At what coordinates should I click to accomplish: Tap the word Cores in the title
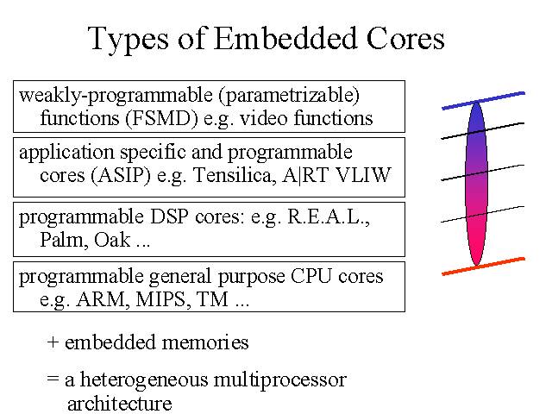(405, 38)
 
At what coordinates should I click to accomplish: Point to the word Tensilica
(232, 175)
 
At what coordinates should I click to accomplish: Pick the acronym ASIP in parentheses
(121, 175)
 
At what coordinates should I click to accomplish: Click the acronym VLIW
(363, 175)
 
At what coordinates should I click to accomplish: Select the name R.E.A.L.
(327, 216)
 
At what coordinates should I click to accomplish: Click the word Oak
(112, 240)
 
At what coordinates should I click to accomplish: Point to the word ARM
(100, 299)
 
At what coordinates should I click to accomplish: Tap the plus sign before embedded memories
(53, 342)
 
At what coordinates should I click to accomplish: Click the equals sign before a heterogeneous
(53, 379)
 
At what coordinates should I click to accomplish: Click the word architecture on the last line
(119, 404)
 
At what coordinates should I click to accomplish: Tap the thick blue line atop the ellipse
(483, 101)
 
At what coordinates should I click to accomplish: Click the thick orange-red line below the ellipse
(483, 267)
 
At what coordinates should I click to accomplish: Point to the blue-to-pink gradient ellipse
(476, 183)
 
